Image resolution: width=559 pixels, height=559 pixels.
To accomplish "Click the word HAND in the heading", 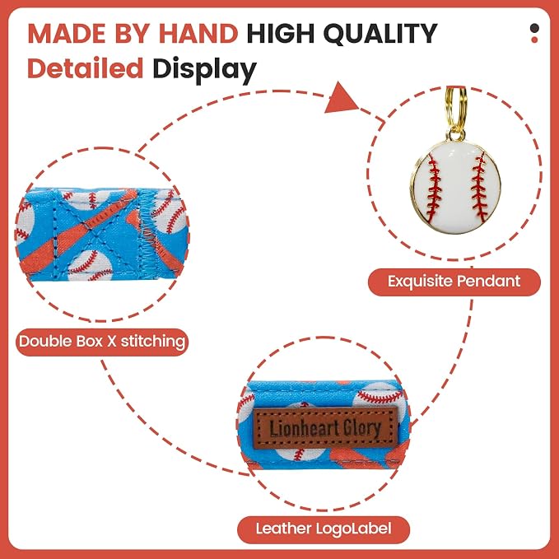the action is click(x=198, y=34).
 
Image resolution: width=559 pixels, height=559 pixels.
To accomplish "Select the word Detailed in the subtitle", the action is click(x=86, y=68).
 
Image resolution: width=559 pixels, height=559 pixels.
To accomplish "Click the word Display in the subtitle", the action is click(x=205, y=71).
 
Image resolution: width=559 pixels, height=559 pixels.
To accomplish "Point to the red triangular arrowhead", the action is click(x=341, y=98).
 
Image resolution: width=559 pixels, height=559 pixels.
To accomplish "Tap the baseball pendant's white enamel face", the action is click(x=456, y=187).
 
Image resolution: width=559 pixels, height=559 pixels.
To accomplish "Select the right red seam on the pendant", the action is click(x=479, y=187).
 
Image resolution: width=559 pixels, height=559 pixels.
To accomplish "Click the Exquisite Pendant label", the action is click(x=454, y=282).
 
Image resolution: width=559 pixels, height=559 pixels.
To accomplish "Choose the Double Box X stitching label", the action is click(x=102, y=342).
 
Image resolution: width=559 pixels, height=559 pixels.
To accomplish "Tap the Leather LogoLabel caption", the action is click(x=324, y=529).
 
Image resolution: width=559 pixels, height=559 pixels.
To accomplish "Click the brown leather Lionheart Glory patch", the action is click(x=325, y=428).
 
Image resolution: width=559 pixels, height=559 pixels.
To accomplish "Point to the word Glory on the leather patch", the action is click(x=362, y=427).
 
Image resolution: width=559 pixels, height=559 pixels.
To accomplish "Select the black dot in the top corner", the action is click(x=534, y=28).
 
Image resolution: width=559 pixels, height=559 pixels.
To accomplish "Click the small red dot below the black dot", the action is click(x=534, y=40).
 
